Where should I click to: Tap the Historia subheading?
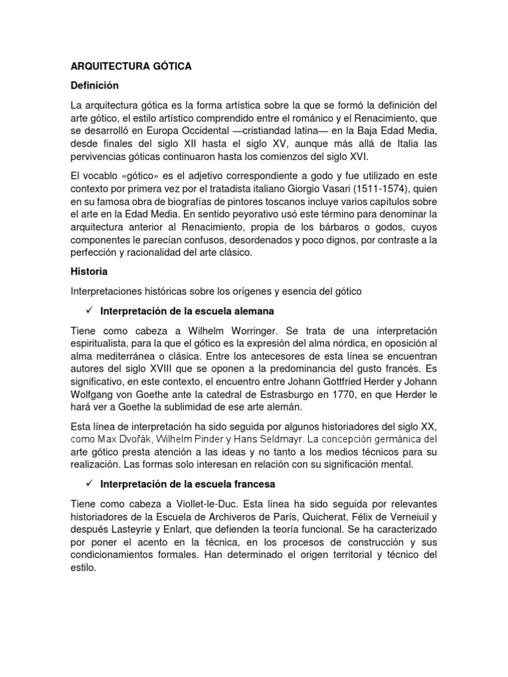(89, 271)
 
